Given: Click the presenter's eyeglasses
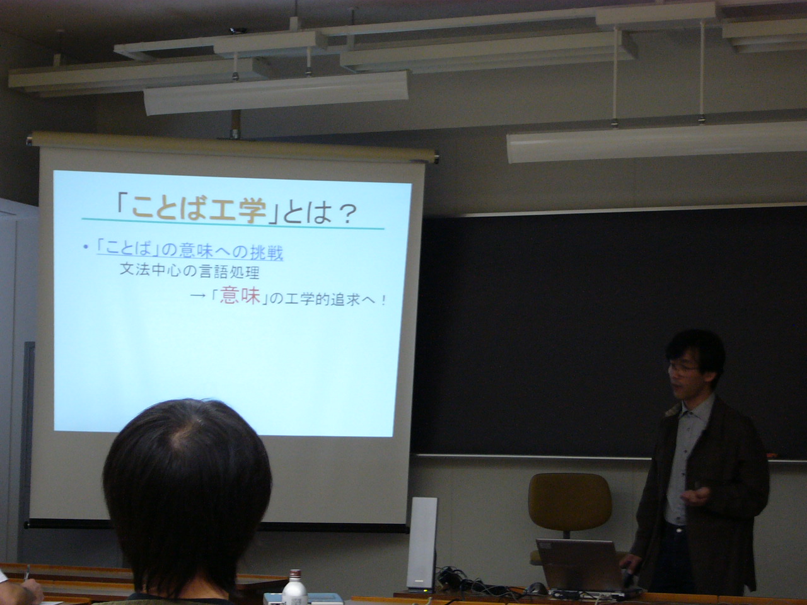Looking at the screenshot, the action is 683,367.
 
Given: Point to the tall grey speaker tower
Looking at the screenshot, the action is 422,544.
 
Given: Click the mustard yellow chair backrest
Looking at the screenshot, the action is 570,502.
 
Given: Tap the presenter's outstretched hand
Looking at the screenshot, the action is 695,497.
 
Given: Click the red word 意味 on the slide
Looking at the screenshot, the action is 240,296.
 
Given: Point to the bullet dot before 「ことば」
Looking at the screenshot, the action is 86,247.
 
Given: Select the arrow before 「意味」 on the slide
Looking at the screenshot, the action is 198,295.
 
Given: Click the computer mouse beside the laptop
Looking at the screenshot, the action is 536,588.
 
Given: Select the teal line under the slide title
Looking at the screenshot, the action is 233,224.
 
